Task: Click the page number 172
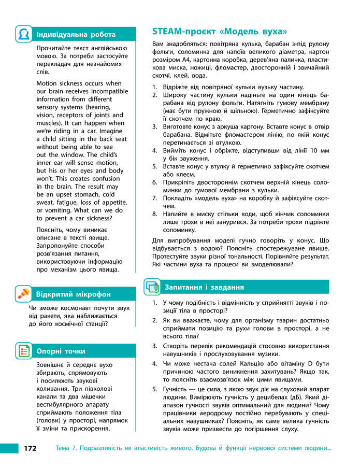pyautogui.click(x=30, y=448)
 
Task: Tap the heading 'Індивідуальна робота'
pyautogui.click(x=76, y=34)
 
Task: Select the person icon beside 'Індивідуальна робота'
pyautogui.click(x=23, y=34)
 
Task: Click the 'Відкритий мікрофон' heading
pyautogui.click(x=73, y=294)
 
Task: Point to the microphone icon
pyautogui.click(x=23, y=294)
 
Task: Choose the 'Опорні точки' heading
pyautogui.click(x=61, y=351)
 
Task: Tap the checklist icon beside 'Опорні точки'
pyautogui.click(x=23, y=351)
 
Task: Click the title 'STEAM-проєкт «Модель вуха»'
pyautogui.click(x=220, y=31)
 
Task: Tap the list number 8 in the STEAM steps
pyautogui.click(x=155, y=214)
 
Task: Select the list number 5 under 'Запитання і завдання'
pyautogui.click(x=155, y=390)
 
